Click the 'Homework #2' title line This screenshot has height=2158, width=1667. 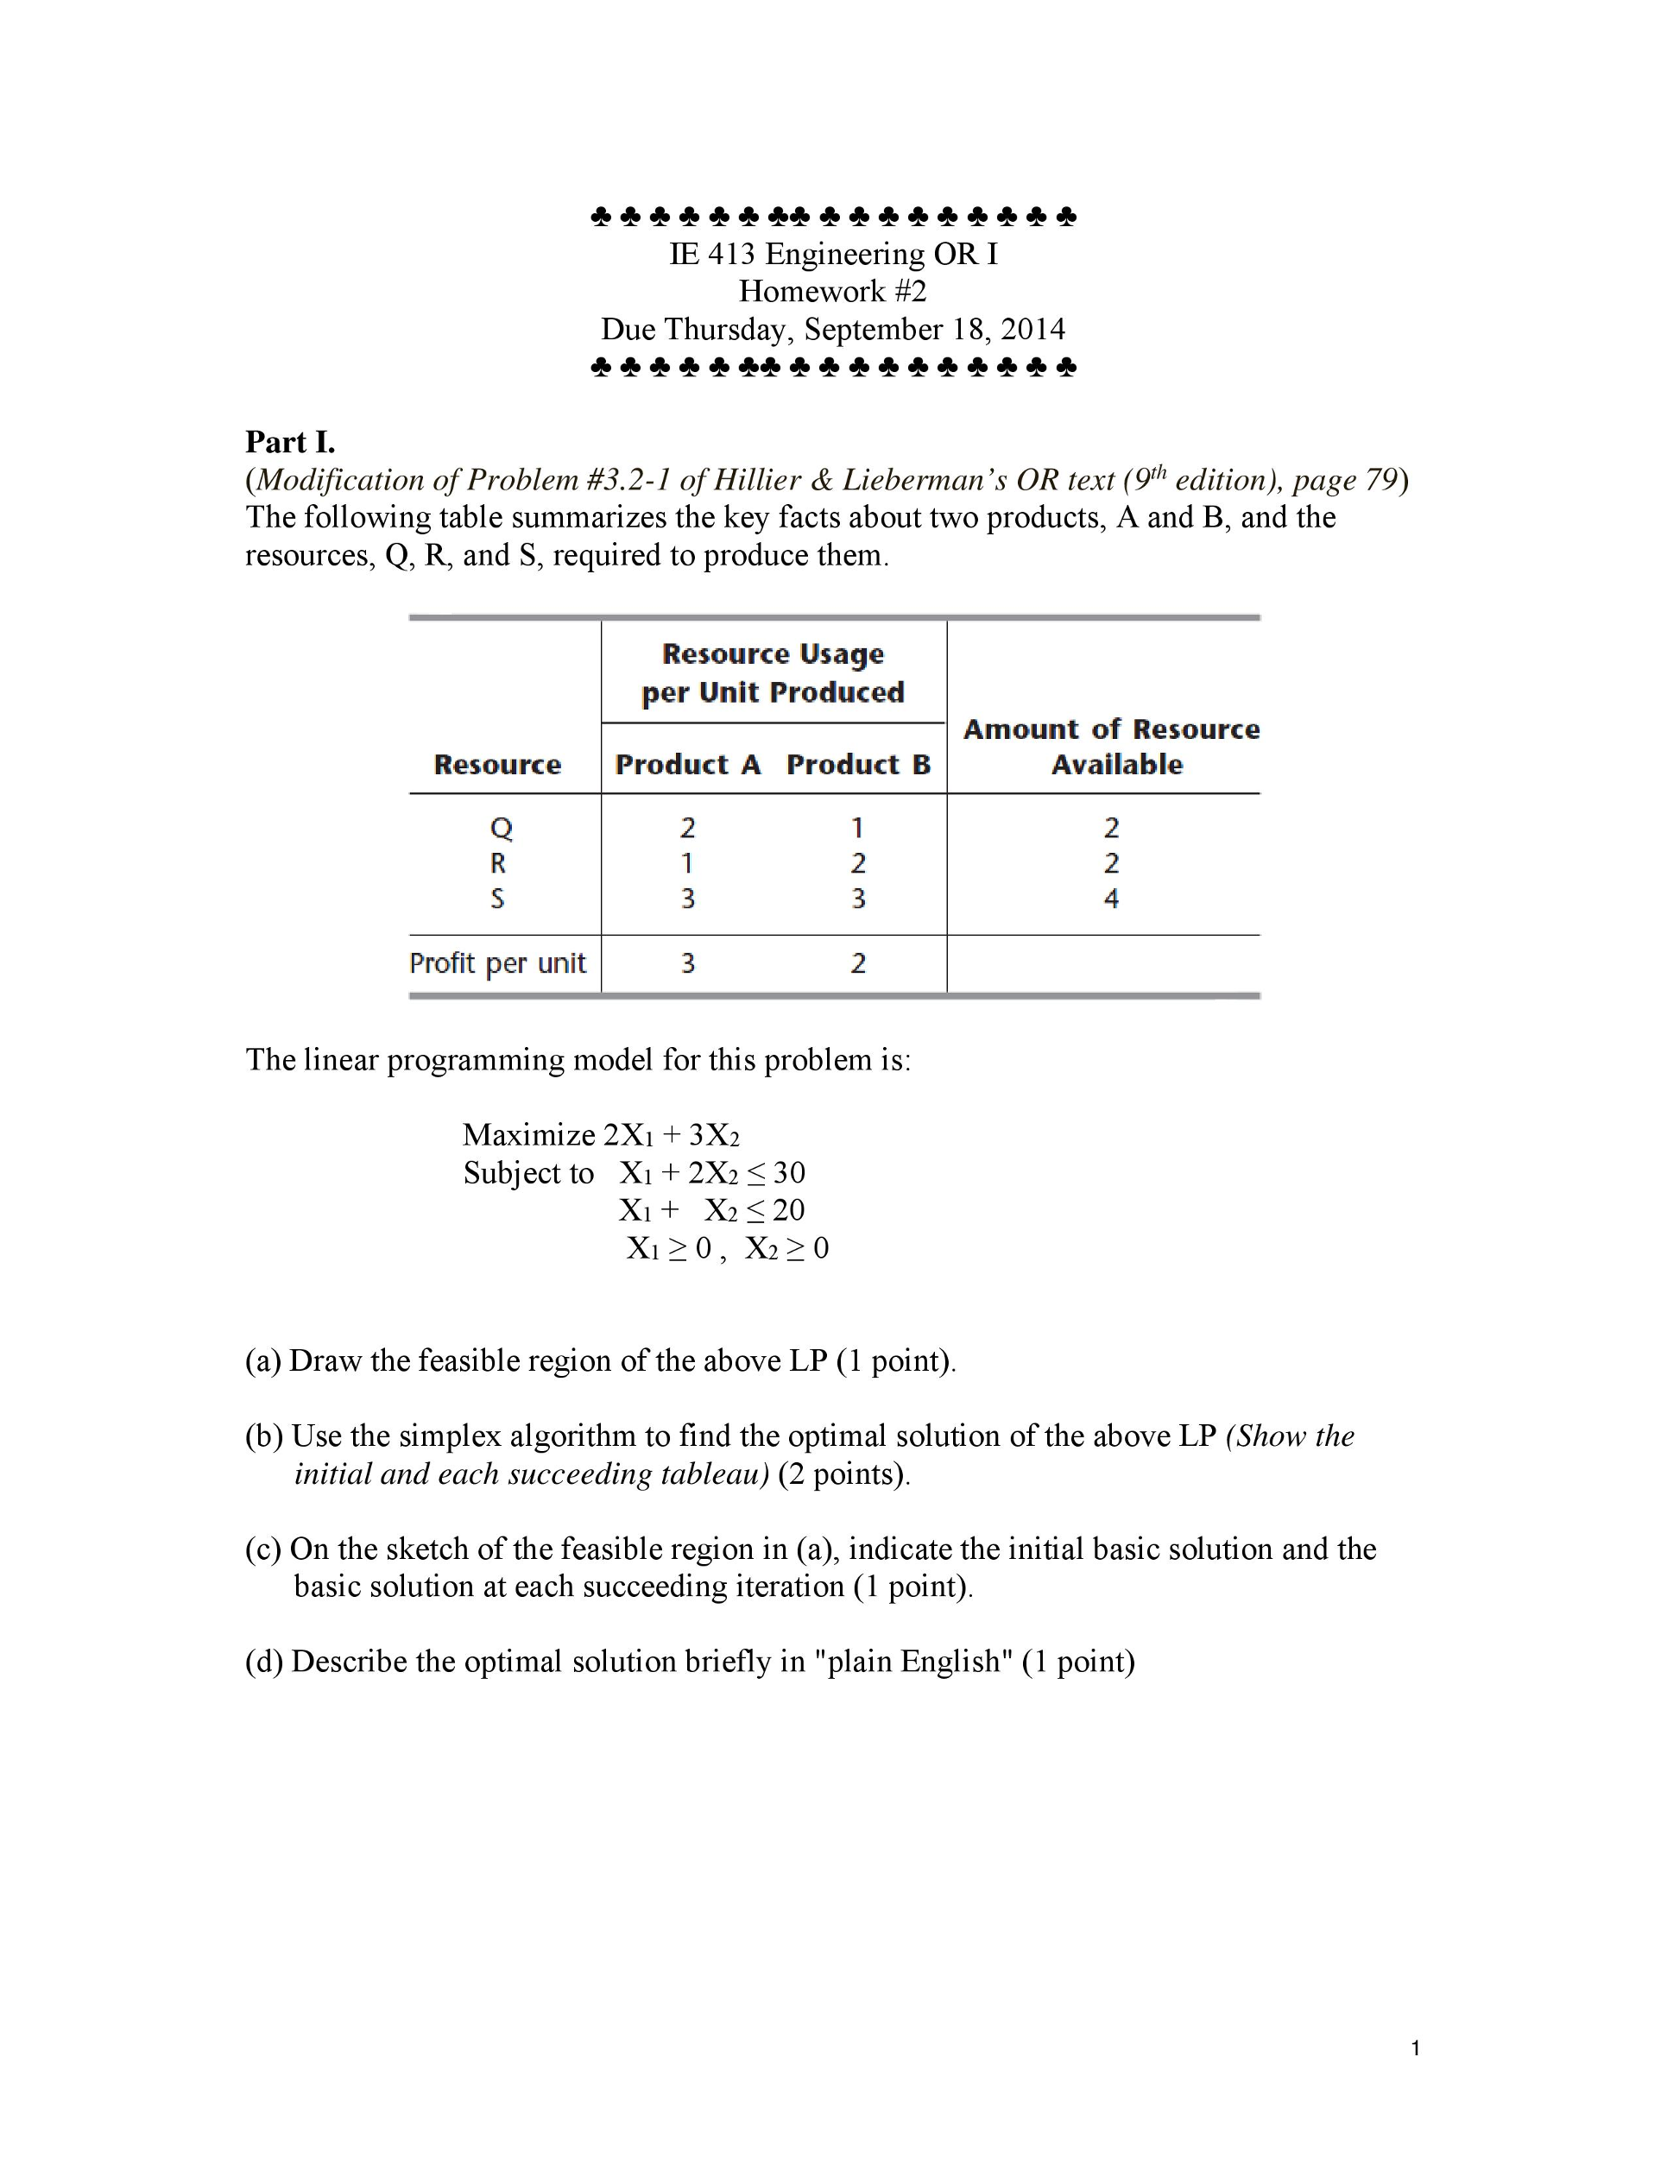click(832, 292)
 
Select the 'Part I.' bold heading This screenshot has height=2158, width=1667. click(289, 441)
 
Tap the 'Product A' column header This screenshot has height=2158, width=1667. click(688, 764)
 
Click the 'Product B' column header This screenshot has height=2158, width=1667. click(858, 764)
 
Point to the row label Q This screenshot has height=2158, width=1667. click(500, 827)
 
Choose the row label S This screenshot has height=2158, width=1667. click(497, 899)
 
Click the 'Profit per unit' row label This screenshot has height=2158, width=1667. click(497, 962)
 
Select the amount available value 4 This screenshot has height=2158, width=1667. click(1111, 899)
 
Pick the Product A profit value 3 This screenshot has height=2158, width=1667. click(688, 962)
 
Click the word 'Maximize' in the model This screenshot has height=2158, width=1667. click(528, 1134)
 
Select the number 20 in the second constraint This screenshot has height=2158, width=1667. click(788, 1210)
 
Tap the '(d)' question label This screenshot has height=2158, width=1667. click(264, 1661)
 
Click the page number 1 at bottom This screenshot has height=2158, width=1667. click(1416, 2048)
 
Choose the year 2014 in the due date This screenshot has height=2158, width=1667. click(1032, 329)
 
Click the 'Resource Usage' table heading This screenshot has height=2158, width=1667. click(773, 654)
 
